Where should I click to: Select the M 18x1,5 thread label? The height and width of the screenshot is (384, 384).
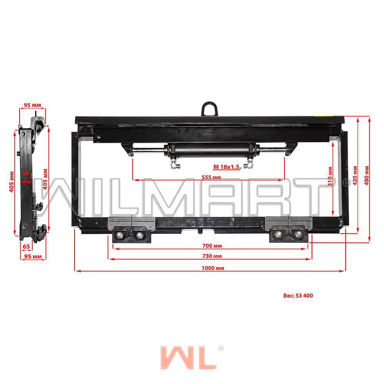click(x=226, y=167)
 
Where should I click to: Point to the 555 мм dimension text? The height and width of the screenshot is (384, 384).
click(x=211, y=177)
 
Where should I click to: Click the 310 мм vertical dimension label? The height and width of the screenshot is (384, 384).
click(x=330, y=176)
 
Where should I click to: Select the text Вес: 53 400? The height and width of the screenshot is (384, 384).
click(x=298, y=296)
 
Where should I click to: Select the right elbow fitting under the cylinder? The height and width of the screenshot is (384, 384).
click(x=250, y=165)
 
